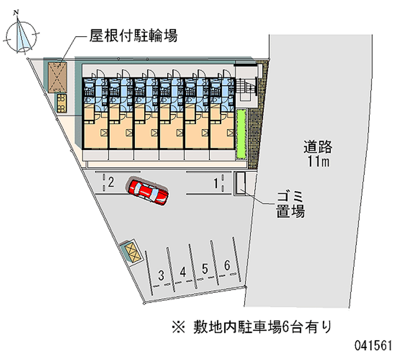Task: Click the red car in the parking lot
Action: pyautogui.click(x=148, y=191)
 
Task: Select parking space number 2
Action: pyautogui.click(x=111, y=183)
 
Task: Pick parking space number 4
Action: pyautogui.click(x=183, y=271)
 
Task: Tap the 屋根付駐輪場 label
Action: pyautogui.click(x=133, y=36)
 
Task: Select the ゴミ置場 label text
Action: pyautogui.click(x=290, y=205)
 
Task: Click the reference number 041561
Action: pyautogui.click(x=373, y=345)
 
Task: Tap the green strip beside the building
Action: pyautogui.click(x=241, y=134)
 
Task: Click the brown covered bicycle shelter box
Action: pyautogui.click(x=58, y=77)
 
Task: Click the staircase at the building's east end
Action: pyautogui.click(x=246, y=89)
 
